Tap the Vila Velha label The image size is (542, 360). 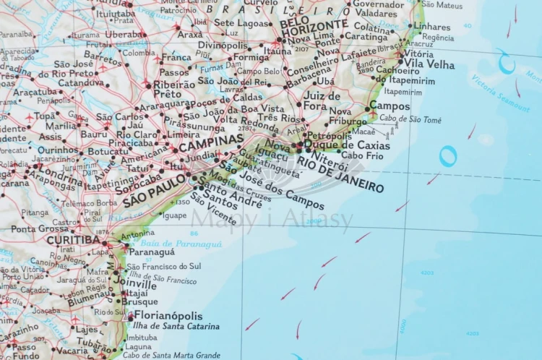point(429,64)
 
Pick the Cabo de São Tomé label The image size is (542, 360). point(410,119)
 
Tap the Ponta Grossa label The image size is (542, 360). point(39,228)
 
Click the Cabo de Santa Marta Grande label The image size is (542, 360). point(171,355)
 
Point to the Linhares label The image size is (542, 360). point(432,26)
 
